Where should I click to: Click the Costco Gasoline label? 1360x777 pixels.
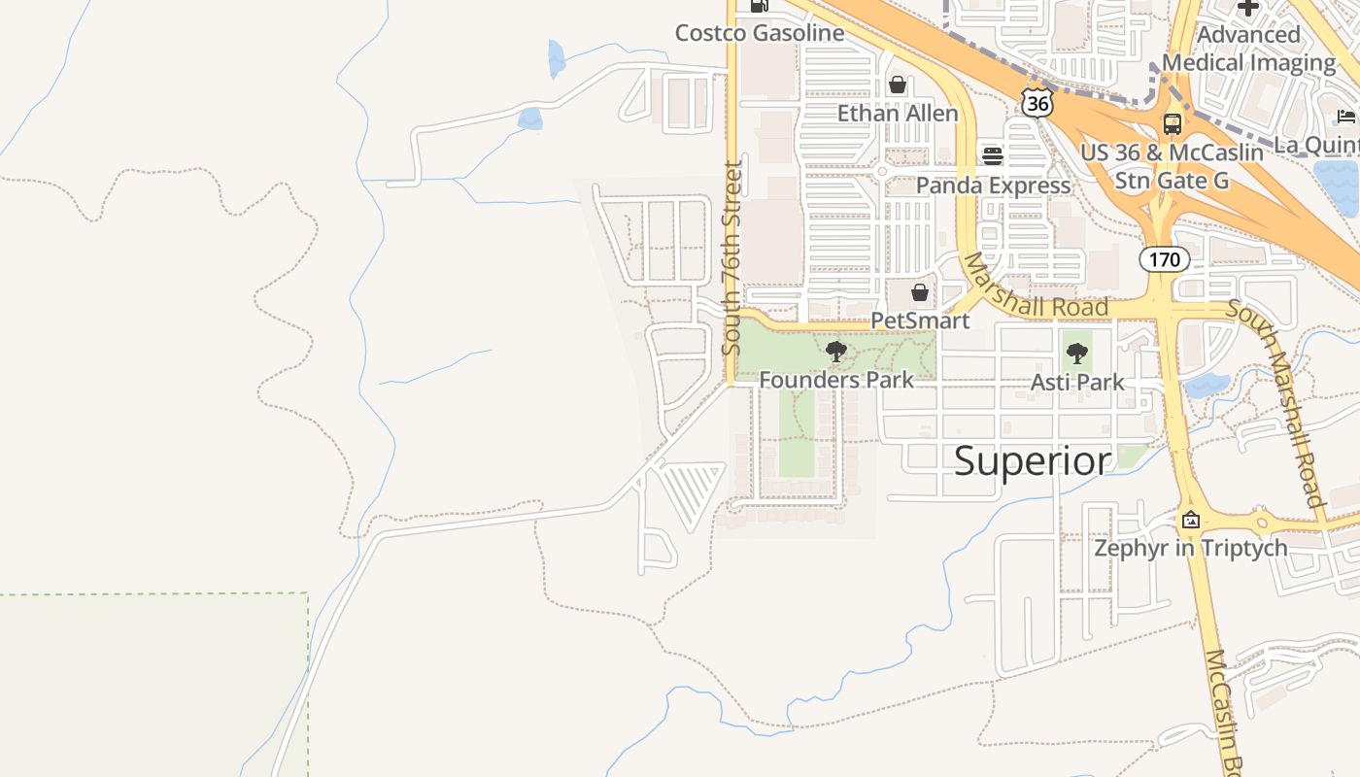760,33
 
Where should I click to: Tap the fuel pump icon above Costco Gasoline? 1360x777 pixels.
760,6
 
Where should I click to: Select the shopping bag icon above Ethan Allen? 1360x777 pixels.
898,85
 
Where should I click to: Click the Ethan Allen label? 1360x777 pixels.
898,113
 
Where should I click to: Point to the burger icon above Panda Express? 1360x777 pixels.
992,155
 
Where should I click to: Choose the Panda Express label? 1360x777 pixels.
993,185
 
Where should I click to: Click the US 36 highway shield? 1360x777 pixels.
1037,102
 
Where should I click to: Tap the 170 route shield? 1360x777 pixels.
1164,259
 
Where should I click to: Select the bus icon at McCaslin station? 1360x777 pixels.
1173,124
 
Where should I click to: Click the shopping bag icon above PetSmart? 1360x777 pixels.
920,292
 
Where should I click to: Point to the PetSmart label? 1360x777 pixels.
920,320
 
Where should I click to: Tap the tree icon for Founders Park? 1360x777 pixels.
835,352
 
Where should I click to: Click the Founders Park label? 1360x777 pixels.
835,380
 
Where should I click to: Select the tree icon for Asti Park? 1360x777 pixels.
1076,355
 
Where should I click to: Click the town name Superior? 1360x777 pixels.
1032,460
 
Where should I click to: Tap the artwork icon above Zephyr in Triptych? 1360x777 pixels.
1191,520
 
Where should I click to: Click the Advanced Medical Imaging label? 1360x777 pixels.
1248,49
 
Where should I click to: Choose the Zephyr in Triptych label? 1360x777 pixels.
1191,548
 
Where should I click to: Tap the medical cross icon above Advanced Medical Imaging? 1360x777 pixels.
1248,8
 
